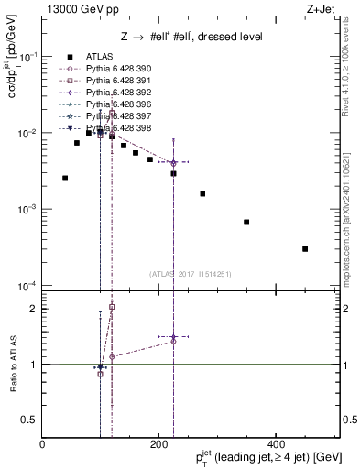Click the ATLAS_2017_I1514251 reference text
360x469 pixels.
click(x=190, y=273)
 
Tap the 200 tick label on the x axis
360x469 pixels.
click(x=159, y=444)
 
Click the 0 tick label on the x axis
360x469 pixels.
click(x=42, y=444)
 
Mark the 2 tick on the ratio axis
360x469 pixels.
click(x=33, y=309)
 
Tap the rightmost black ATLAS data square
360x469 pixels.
click(x=305, y=248)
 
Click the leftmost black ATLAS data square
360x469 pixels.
click(x=65, y=178)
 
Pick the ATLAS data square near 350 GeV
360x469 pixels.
click(x=246, y=222)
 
